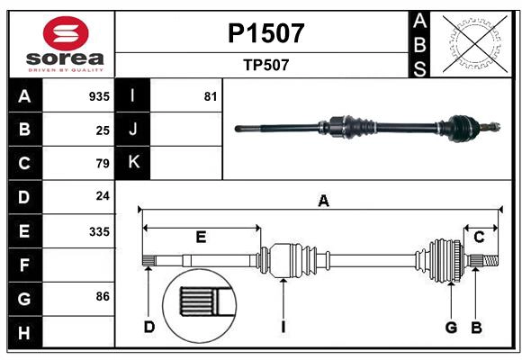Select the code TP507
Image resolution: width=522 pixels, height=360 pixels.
265,65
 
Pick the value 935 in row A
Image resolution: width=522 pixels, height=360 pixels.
99,96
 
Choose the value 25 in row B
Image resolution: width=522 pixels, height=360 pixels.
103,130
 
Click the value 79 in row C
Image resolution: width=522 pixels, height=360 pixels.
103,164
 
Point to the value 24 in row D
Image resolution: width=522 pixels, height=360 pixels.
103,195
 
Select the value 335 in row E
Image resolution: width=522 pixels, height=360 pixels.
99,231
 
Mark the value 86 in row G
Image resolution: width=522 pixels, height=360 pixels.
103,295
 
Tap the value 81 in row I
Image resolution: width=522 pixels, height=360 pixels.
211,96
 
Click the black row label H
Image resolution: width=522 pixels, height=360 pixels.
24,333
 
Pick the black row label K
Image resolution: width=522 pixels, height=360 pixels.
133,162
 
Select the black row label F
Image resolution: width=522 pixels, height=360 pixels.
24,265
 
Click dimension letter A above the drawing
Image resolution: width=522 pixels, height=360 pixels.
323,202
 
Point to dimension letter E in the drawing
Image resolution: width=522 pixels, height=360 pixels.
201,238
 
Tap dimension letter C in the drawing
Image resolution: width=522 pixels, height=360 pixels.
480,237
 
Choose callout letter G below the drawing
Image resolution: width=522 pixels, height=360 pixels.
451,327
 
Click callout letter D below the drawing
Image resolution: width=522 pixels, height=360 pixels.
149,327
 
